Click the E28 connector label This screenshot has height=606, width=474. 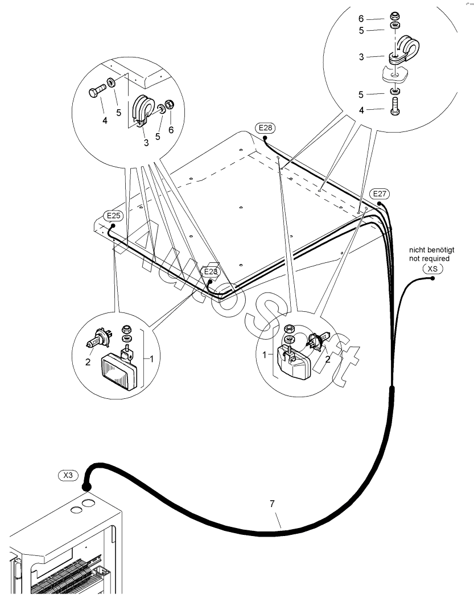click(265, 127)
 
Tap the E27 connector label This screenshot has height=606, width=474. click(380, 193)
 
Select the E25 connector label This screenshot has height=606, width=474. click(113, 216)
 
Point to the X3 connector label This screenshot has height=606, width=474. click(68, 475)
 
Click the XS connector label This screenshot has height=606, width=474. click(432, 268)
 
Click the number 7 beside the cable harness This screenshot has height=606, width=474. click(272, 504)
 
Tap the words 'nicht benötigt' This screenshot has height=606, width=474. click(431, 250)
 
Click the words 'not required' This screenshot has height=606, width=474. click(429, 258)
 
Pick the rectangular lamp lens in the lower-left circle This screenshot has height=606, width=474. click(119, 372)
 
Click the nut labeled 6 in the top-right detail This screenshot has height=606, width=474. click(395, 17)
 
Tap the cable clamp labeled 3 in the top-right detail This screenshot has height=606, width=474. click(403, 50)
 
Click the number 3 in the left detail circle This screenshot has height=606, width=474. click(146, 143)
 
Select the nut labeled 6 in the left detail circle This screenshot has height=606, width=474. click(170, 104)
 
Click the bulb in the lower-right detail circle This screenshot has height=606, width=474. click(317, 341)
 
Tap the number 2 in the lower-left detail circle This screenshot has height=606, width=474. click(88, 362)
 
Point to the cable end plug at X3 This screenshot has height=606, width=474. click(86, 487)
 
